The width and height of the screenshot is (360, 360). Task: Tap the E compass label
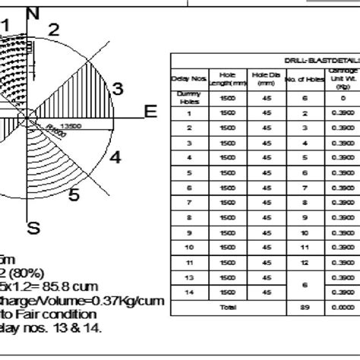150,112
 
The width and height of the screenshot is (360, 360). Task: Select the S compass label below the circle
33,226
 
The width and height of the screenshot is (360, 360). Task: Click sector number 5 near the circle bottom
74,195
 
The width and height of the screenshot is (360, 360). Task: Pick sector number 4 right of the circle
115,157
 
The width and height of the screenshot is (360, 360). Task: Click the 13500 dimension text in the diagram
71,125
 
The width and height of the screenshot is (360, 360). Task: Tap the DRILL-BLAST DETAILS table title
322,59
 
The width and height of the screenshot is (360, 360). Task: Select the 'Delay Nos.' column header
189,77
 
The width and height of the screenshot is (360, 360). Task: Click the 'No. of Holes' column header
305,77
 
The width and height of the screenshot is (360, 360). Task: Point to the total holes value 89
305,307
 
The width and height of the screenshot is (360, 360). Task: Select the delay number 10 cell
189,247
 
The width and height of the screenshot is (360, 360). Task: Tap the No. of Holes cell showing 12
305,262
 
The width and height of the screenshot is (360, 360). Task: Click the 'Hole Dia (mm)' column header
266,77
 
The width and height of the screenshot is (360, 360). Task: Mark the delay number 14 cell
189,292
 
